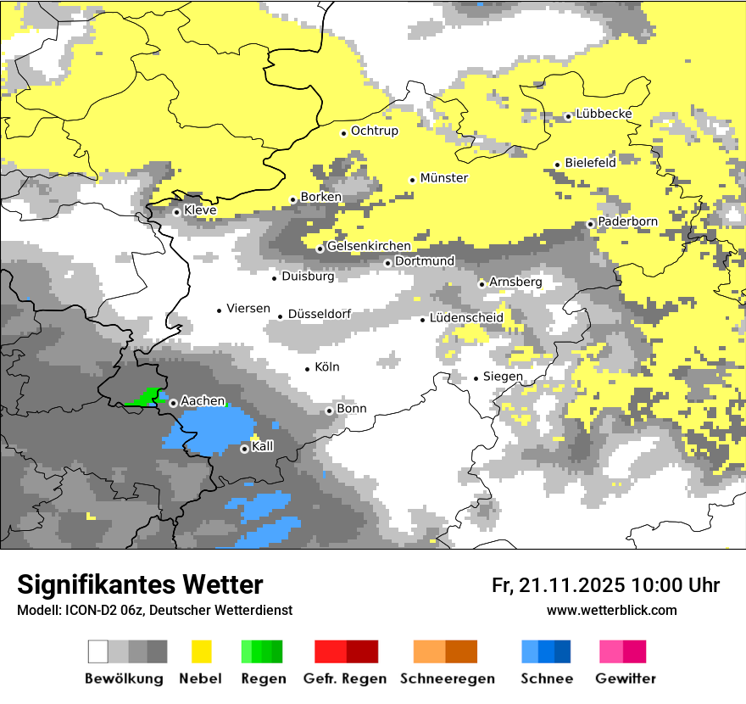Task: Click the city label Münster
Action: pyautogui.click(x=443, y=178)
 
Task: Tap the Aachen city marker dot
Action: pyautogui.click(x=173, y=403)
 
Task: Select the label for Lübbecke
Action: pyautogui.click(x=604, y=115)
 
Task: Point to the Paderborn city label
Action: pyautogui.click(x=627, y=222)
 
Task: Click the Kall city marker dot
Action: pyautogui.click(x=244, y=449)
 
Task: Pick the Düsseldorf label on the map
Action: pyautogui.click(x=319, y=315)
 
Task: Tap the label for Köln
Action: pyautogui.click(x=326, y=367)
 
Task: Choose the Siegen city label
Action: pyautogui.click(x=503, y=377)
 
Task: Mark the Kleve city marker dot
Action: pyautogui.click(x=176, y=212)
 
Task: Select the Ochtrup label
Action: pyautogui.click(x=374, y=131)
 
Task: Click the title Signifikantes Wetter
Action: pyautogui.click(x=140, y=585)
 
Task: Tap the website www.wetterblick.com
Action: pyautogui.click(x=611, y=611)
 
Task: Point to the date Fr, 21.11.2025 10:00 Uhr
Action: pyautogui.click(x=605, y=585)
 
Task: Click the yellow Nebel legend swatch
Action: pyautogui.click(x=201, y=651)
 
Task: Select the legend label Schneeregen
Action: pyautogui.click(x=448, y=679)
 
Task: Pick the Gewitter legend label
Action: pyautogui.click(x=625, y=679)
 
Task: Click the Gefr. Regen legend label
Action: pyautogui.click(x=345, y=679)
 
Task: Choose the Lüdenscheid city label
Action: pyautogui.click(x=466, y=318)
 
